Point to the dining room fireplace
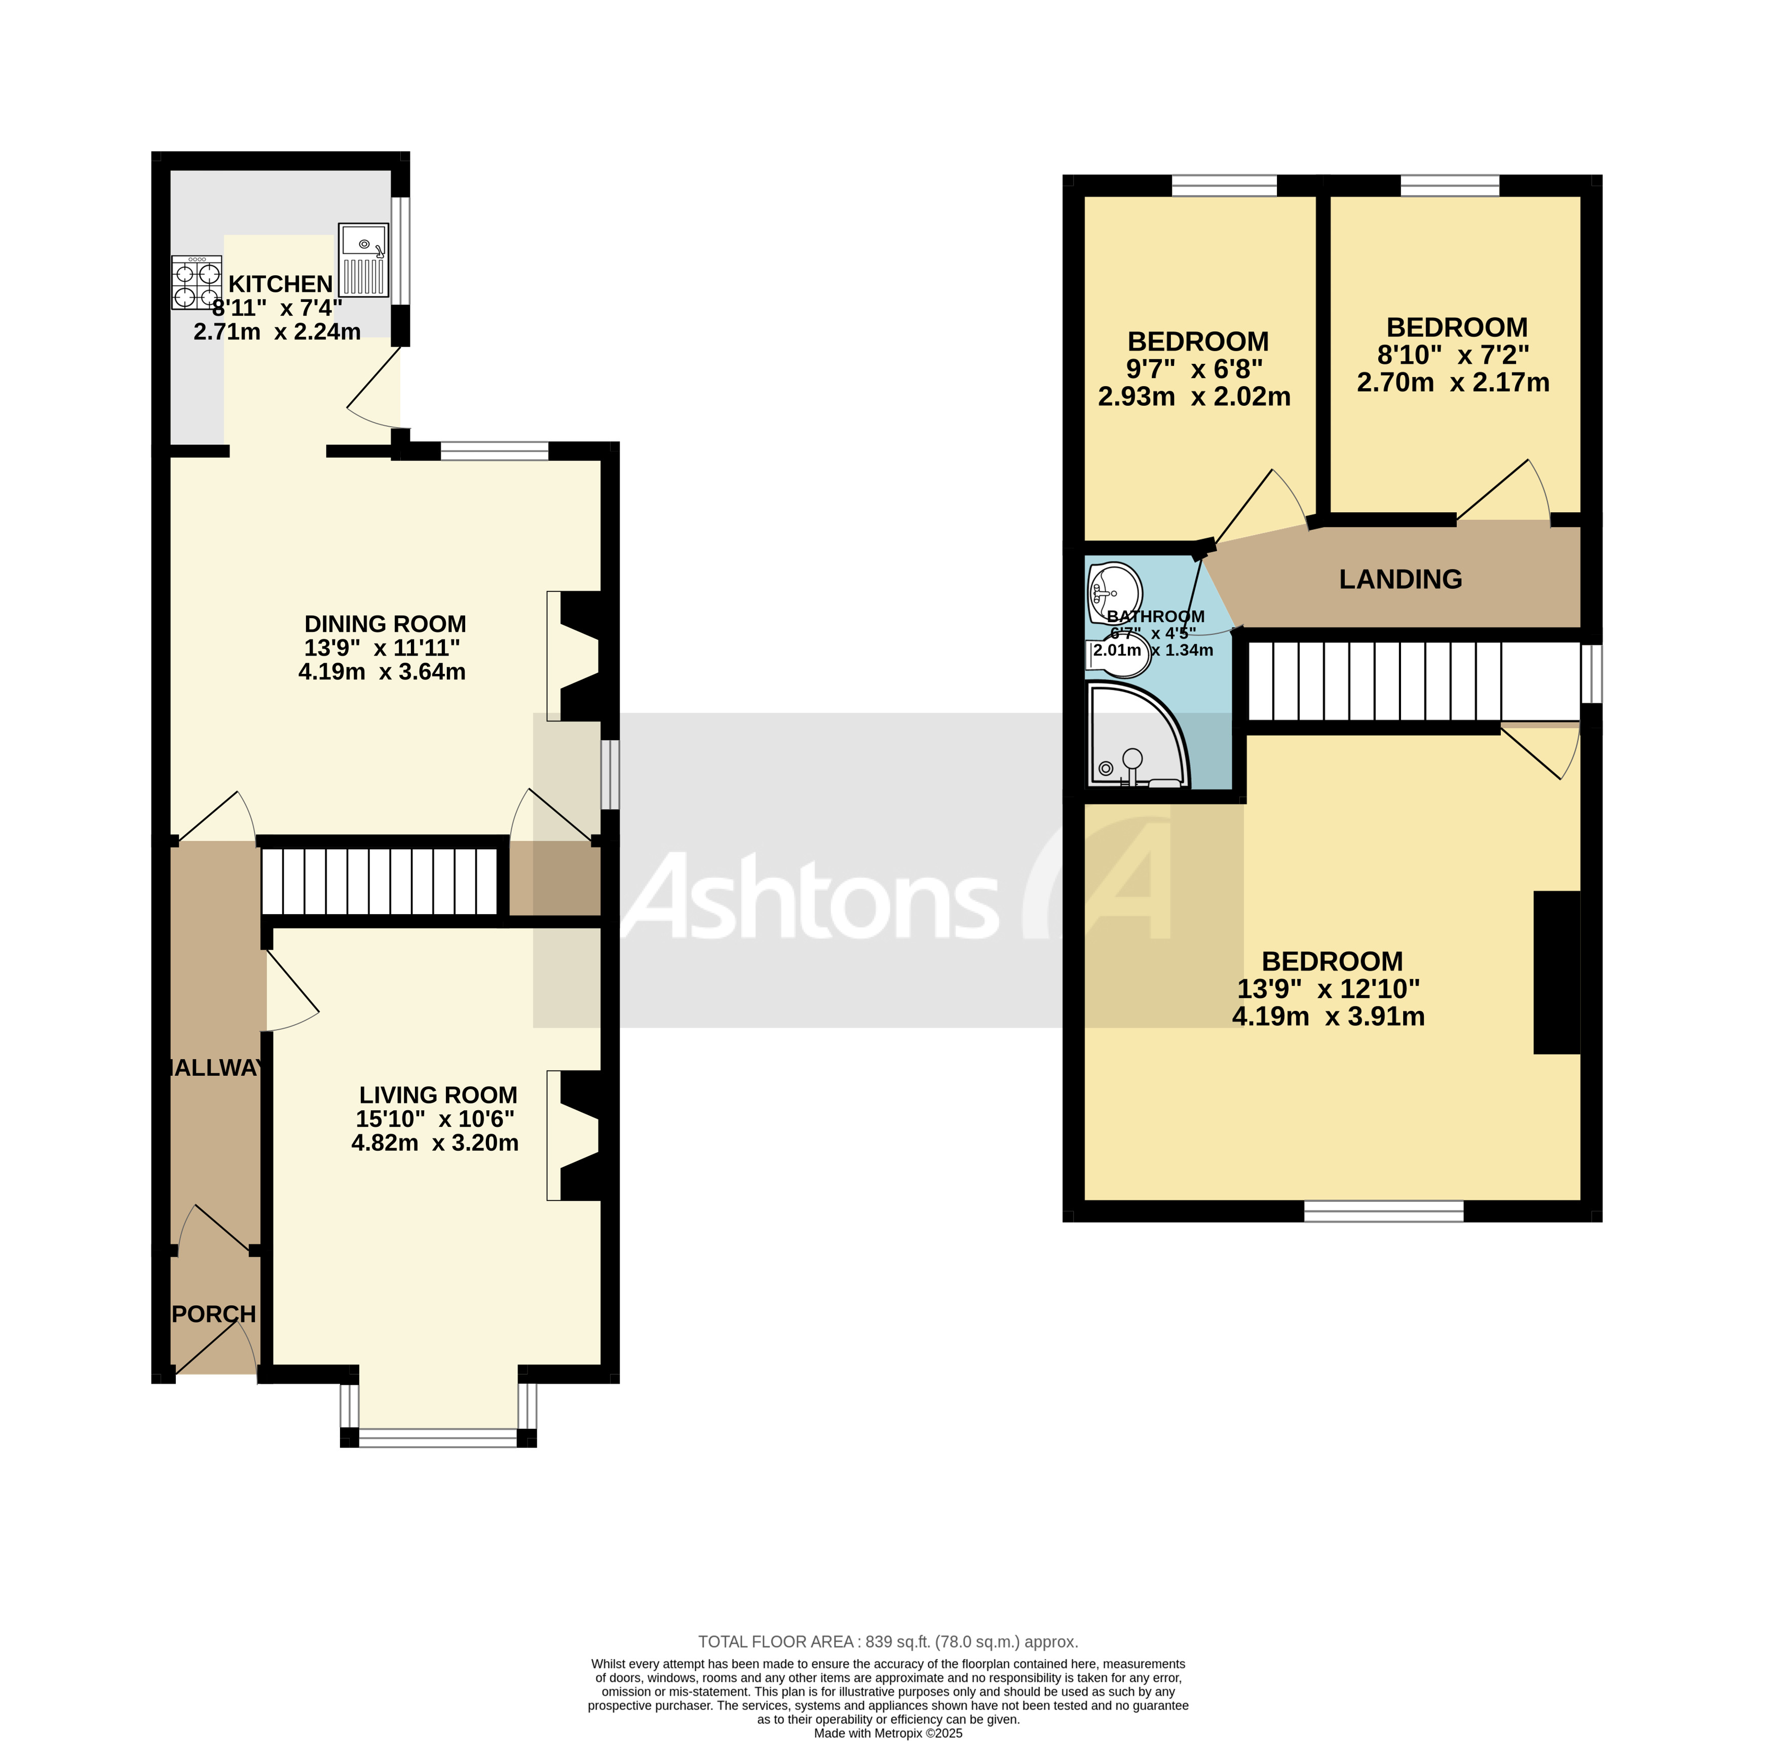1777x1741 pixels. (576, 656)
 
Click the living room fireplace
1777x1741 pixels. (576, 1135)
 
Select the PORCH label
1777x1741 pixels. (214, 1314)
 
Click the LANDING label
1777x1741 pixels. (1400, 579)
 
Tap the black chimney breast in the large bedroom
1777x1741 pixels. (1557, 972)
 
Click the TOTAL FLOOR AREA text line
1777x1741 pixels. (887, 1641)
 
